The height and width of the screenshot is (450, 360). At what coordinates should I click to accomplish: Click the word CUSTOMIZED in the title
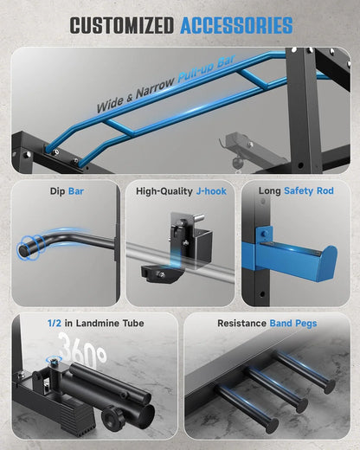point(122,25)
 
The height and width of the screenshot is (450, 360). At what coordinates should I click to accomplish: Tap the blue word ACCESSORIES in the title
point(236,25)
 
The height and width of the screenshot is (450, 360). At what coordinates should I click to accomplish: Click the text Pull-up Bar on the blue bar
point(207,69)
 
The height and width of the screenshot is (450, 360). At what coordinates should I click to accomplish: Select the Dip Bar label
point(67,191)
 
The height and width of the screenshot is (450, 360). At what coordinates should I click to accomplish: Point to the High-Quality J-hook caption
point(181,191)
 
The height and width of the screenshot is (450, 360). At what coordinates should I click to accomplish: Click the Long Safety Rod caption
point(296,190)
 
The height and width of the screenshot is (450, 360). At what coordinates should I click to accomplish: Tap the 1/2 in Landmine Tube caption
point(95,323)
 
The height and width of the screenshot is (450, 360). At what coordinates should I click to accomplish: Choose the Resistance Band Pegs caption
point(267,324)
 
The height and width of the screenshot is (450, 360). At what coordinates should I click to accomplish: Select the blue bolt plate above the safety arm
point(263,234)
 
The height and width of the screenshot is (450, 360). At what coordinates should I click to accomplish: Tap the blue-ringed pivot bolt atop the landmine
point(54,360)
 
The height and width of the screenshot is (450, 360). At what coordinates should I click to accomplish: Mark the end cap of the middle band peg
point(302,406)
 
